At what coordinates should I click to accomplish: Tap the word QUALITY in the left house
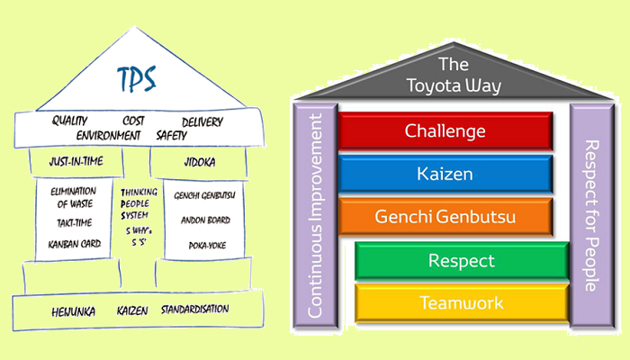tap(69, 121)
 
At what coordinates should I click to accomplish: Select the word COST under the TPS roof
tap(134, 121)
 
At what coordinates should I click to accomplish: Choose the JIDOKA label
tap(202, 162)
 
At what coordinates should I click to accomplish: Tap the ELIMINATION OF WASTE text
tap(73, 198)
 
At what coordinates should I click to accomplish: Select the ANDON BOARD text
tap(201, 220)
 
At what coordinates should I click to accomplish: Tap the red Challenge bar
tap(445, 130)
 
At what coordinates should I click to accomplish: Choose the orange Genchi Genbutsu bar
tap(445, 216)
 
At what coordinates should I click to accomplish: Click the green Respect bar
tap(462, 261)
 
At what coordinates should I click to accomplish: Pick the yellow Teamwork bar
tap(462, 303)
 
